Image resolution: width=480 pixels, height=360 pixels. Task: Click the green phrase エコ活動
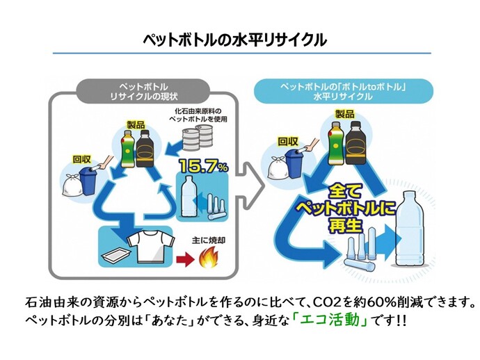pyautogui.click(x=339, y=323)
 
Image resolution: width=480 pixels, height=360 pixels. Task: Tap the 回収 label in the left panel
pyautogui.click(x=81, y=158)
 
